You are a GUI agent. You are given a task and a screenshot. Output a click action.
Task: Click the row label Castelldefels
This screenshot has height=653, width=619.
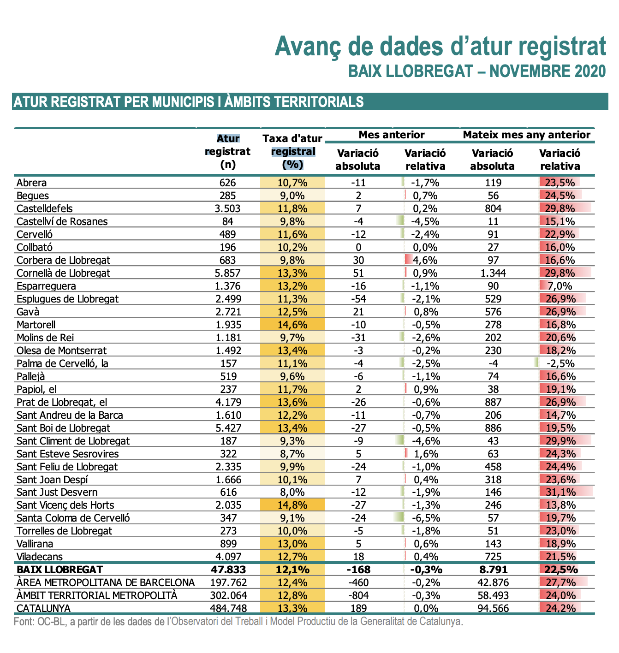coord(45,208)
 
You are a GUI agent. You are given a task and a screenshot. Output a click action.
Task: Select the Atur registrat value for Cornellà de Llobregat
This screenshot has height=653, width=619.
coord(227,273)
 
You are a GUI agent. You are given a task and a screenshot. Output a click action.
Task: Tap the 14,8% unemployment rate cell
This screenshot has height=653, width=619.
coord(292,505)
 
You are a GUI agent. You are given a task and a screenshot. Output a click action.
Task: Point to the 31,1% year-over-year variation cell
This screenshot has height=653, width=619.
coord(560,492)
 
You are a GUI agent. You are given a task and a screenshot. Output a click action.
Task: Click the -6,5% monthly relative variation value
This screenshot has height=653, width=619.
coord(426,518)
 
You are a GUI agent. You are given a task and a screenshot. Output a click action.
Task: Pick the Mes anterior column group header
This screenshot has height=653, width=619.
coord(392,135)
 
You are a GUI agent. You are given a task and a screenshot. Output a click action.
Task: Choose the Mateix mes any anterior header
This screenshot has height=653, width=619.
coord(527,135)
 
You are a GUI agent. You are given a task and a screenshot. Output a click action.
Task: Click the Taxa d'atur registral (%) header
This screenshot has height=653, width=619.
coord(292,151)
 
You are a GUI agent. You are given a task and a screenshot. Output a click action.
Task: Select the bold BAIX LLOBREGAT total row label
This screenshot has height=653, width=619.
coord(60,570)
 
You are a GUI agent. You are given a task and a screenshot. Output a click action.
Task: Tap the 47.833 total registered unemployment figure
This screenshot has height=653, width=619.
coord(228,570)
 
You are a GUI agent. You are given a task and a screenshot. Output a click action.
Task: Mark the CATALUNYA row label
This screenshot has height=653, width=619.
coord(43,608)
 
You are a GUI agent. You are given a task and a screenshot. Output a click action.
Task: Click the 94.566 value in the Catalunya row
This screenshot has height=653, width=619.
coord(493,608)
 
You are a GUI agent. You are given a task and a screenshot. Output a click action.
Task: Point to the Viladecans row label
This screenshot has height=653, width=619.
coord(40,557)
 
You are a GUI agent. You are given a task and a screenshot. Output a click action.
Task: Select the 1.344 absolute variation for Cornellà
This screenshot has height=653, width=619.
coord(493,273)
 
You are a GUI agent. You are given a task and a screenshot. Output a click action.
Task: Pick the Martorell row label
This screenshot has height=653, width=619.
coord(36,325)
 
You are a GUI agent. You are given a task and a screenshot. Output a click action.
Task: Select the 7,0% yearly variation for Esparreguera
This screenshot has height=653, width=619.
coord(560,286)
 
